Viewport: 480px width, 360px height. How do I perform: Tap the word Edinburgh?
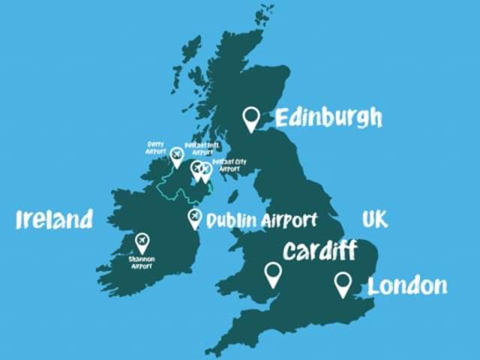328,118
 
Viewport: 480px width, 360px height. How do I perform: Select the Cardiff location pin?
273,273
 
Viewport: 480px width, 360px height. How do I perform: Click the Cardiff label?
319,250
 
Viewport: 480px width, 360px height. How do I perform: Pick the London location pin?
343,283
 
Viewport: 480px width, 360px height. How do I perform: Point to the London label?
407,286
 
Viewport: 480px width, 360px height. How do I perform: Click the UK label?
375,219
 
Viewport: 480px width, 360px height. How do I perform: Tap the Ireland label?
55,219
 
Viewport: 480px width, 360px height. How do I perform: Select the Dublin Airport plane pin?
194,217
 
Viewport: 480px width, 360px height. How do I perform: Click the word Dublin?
232,220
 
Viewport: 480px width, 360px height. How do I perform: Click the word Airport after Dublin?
289,220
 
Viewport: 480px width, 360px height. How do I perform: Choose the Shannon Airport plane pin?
142,241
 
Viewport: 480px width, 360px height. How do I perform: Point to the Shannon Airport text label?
141,262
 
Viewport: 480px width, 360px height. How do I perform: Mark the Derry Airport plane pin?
176,155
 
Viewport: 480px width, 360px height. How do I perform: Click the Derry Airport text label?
155,147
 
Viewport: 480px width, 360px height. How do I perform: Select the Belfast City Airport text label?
229,165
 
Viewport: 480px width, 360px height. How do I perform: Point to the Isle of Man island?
233,196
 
